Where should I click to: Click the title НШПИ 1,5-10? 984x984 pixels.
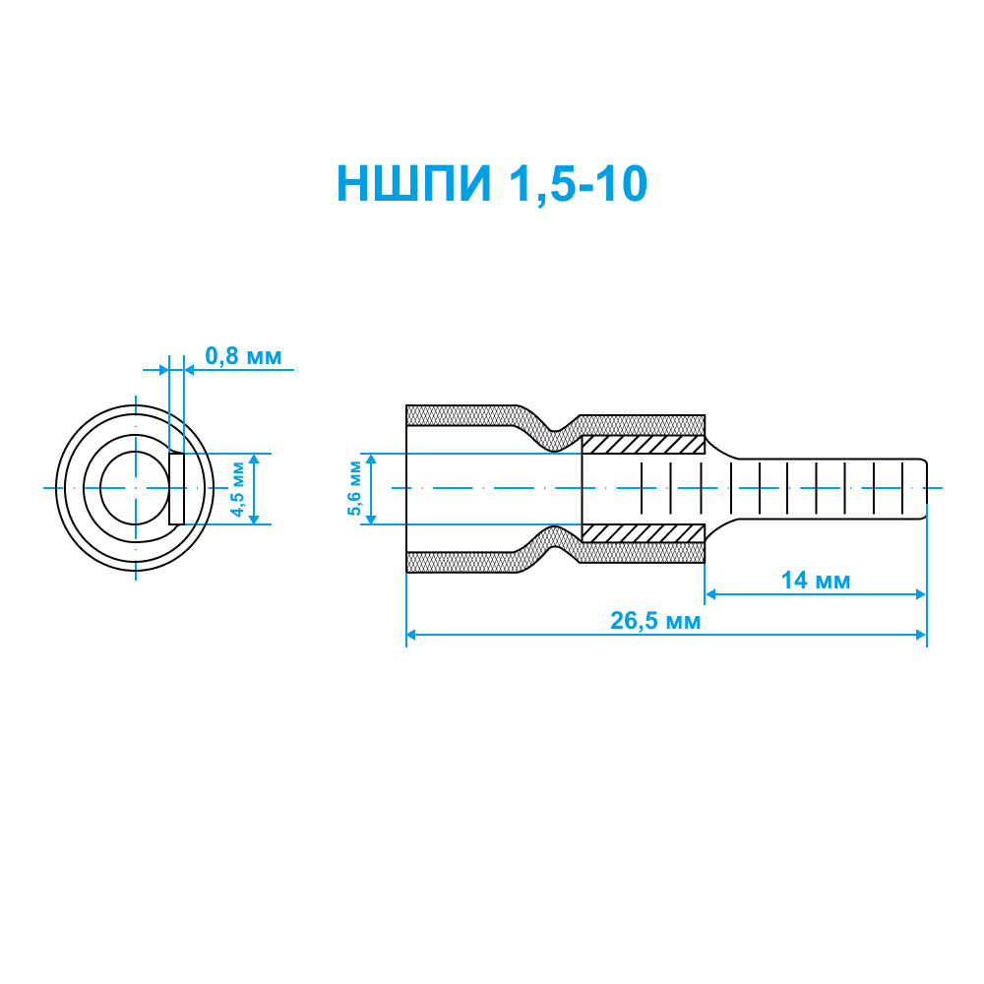tap(492, 184)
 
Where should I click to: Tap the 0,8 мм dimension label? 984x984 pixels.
tap(243, 356)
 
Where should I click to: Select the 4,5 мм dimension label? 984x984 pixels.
tap(238, 489)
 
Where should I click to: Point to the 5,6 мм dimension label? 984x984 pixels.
tap(354, 488)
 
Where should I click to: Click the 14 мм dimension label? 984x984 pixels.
tap(815, 581)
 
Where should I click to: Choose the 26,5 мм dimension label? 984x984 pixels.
tap(655, 621)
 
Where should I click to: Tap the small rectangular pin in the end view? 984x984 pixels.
tap(176, 489)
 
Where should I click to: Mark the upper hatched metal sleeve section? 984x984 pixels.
tap(644, 445)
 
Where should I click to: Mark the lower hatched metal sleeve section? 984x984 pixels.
tap(644, 532)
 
